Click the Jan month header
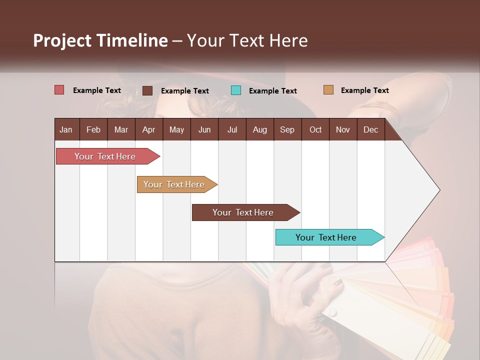66,129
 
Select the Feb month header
93,129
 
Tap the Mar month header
121,129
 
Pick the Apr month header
148,129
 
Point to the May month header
176,129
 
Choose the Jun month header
204,129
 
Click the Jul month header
232,129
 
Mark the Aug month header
259,129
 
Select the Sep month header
287,129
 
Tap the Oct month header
315,129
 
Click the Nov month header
343,129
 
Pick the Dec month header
370,129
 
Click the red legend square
59,90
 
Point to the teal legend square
236,90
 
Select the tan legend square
328,90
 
